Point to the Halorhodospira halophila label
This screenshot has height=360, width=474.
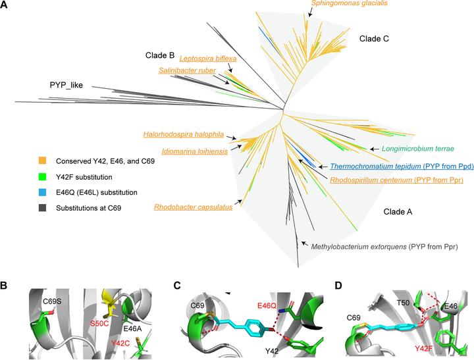click(184, 134)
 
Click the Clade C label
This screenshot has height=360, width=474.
click(374, 39)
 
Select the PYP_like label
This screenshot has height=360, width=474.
click(70, 85)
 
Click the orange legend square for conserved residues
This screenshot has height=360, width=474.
click(43, 160)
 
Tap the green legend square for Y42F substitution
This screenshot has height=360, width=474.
click(43, 176)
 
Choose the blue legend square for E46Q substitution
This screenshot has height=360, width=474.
click(43, 192)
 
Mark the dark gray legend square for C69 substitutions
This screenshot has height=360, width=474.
click(43, 208)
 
